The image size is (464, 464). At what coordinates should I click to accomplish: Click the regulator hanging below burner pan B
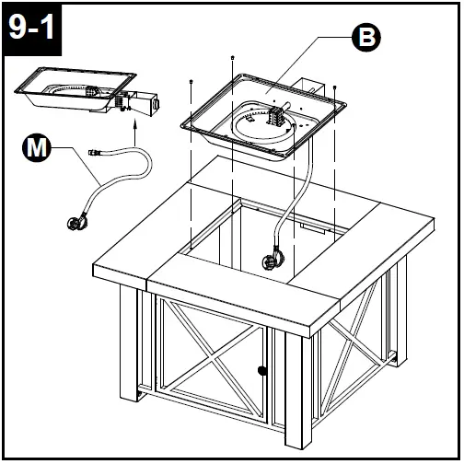point(274,257)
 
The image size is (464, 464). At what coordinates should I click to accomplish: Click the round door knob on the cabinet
point(262,371)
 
